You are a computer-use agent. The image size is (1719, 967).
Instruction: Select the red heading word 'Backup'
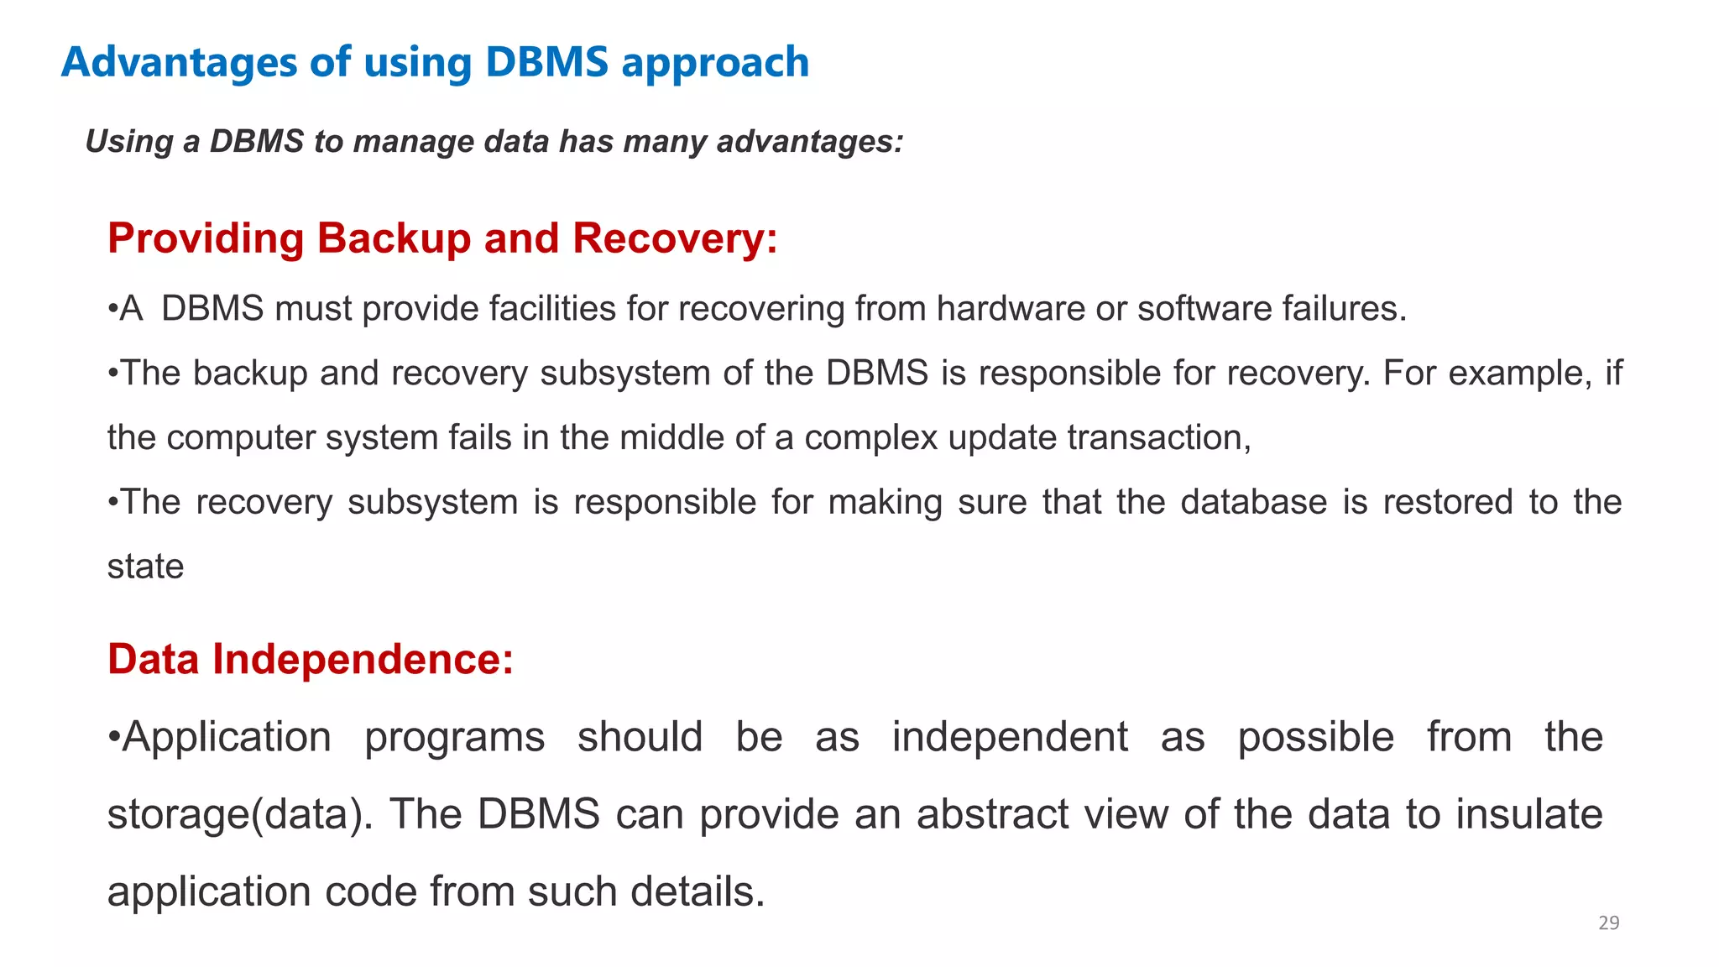pyautogui.click(x=394, y=239)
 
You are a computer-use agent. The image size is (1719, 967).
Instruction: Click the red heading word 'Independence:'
pyautogui.click(x=363, y=660)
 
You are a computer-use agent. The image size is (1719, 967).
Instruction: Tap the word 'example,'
pyautogui.click(x=1519, y=374)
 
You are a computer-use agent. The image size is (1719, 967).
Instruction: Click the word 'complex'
pyautogui.click(x=870, y=438)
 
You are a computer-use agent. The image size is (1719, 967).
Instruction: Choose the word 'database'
pyautogui.click(x=1253, y=503)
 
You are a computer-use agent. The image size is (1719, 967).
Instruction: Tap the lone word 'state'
pyautogui.click(x=145, y=567)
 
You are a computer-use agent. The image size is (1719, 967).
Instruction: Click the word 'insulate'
pyautogui.click(x=1528, y=815)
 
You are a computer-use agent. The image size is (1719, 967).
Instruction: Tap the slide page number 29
pyautogui.click(x=1608, y=923)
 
